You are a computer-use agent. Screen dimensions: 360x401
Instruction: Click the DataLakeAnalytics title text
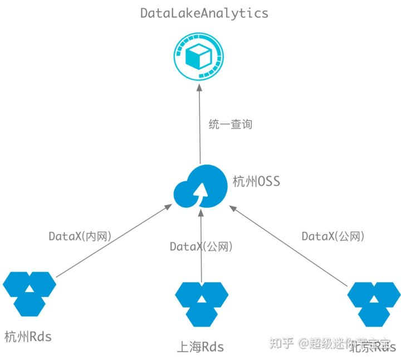204,13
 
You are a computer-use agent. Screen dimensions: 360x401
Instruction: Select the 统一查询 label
230,124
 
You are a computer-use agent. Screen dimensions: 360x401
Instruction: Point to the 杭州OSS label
256,182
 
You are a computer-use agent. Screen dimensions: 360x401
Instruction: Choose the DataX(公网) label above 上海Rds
200,246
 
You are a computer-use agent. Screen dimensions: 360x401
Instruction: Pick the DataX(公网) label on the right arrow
332,236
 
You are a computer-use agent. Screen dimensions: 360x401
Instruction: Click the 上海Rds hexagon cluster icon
202,303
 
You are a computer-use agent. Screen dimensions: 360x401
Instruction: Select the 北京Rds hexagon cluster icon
374,303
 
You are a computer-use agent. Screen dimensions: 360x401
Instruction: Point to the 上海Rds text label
200,347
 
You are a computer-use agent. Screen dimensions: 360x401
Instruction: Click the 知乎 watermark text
281,343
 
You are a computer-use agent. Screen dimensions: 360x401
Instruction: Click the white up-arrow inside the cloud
199,192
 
